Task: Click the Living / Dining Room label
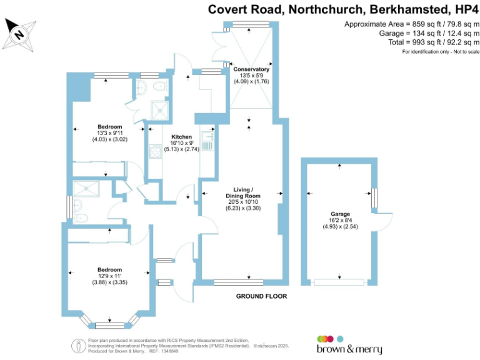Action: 243,192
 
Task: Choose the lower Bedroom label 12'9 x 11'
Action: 109,269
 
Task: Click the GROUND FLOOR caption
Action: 261,296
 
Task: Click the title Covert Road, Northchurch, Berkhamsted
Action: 328,9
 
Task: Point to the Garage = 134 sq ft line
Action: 427,32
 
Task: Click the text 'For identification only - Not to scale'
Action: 441,51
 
